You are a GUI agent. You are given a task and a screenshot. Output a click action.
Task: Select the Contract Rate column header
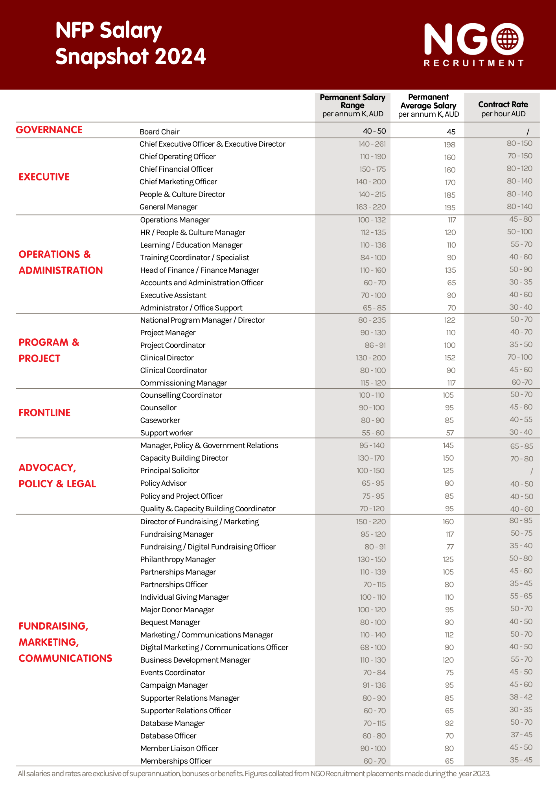[x=503, y=108]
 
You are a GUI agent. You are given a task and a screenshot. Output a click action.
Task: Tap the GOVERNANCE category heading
[x=49, y=130]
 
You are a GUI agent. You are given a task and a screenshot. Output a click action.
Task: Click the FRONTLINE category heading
[x=44, y=413]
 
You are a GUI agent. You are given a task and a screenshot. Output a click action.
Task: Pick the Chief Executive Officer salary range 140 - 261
[x=372, y=144]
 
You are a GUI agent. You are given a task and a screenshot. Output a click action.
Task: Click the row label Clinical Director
[x=167, y=358]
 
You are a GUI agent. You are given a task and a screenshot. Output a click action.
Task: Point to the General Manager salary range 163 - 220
[x=371, y=207]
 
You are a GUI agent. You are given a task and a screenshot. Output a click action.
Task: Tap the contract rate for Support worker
[x=521, y=432]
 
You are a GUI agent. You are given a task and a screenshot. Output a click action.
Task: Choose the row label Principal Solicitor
[x=169, y=471]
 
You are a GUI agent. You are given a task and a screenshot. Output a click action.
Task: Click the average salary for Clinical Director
[x=449, y=358]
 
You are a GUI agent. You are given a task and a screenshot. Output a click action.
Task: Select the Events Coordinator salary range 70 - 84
[x=374, y=673]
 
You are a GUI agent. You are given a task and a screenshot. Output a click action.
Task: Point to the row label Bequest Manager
[x=170, y=623]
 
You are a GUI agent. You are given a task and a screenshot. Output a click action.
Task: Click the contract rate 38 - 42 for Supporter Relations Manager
[x=521, y=697]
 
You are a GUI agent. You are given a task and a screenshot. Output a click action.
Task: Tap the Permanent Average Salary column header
[x=428, y=105]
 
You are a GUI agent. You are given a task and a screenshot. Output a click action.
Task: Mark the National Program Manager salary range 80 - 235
[x=372, y=320]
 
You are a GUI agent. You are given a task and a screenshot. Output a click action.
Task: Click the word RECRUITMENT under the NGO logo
[x=473, y=63]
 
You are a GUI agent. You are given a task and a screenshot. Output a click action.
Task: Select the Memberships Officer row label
[x=176, y=761]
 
